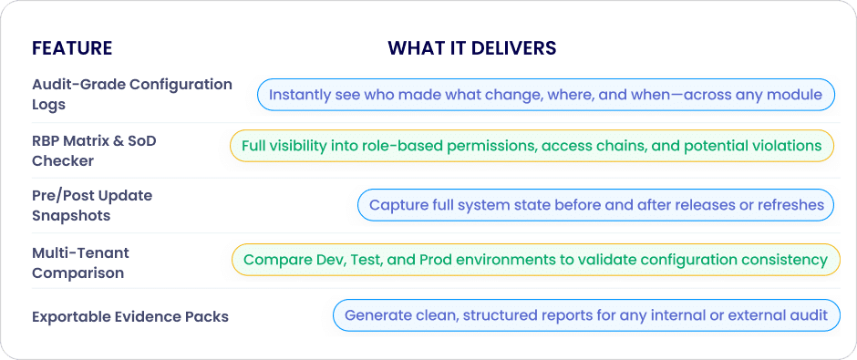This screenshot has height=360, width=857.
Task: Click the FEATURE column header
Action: [72, 48]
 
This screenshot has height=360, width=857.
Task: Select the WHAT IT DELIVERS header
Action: [472, 48]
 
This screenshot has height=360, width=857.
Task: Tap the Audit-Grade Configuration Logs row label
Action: [132, 95]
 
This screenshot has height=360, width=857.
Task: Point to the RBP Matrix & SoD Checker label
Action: [94, 150]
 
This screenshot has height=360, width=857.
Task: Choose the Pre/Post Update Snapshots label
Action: [92, 205]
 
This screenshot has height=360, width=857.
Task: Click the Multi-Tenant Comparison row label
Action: [81, 262]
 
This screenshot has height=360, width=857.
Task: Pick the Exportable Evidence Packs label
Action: [130, 317]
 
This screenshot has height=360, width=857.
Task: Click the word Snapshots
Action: [71, 215]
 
